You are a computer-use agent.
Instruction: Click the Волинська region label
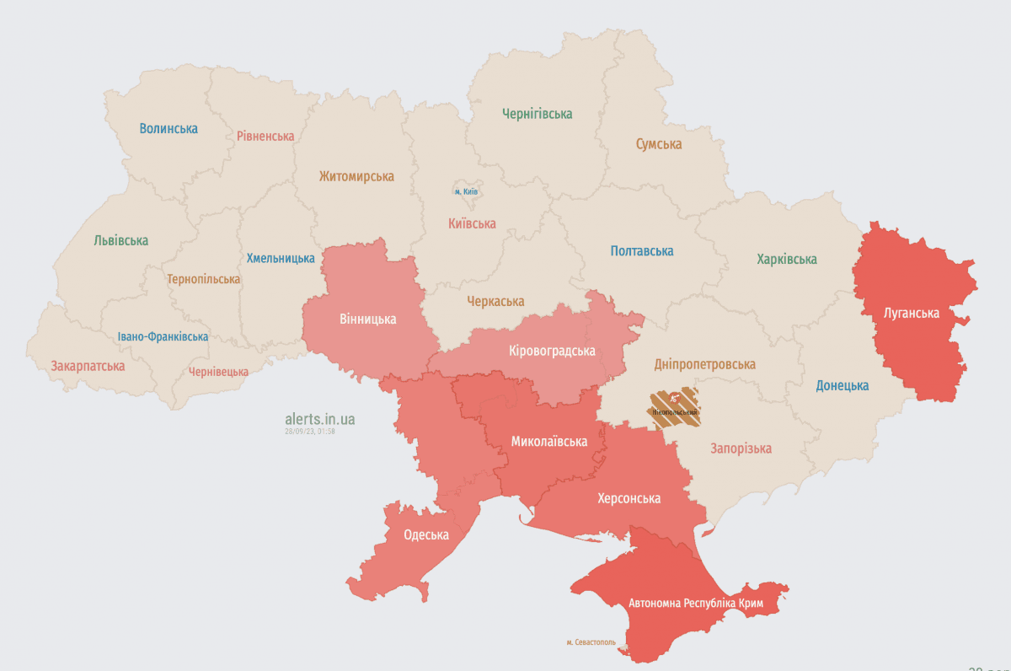click(168, 129)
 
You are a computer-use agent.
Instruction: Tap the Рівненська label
click(265, 136)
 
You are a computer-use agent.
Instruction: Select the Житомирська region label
click(356, 177)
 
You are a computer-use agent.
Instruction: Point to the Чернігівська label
click(537, 114)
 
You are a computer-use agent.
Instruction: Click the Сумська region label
click(658, 144)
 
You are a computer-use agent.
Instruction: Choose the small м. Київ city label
click(466, 192)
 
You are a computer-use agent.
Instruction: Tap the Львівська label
click(121, 240)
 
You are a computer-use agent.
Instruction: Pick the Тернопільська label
click(203, 279)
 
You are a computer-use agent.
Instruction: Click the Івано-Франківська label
click(163, 337)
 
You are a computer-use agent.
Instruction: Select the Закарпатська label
click(88, 366)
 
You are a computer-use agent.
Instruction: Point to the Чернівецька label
click(218, 372)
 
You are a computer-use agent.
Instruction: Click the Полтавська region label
click(642, 251)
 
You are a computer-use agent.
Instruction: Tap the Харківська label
click(787, 260)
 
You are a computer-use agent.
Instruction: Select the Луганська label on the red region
click(911, 314)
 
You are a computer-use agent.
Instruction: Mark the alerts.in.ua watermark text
click(320, 418)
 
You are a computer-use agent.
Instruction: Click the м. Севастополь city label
click(591, 642)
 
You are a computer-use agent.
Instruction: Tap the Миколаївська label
click(548, 441)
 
